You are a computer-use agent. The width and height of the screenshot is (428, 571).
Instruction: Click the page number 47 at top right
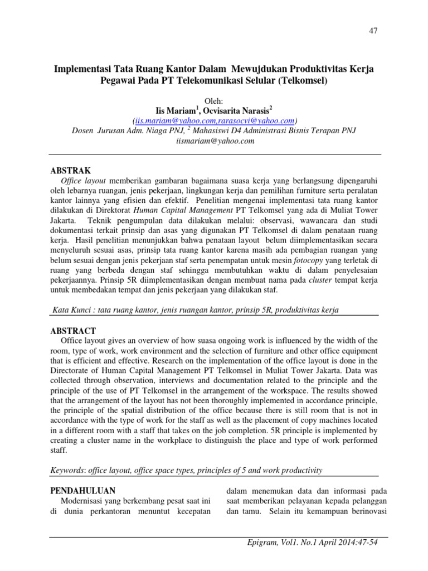(x=373, y=31)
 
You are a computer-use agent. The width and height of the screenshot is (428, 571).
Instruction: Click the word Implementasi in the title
(x=82, y=69)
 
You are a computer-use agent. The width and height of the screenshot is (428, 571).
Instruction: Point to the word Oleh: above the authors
(x=215, y=100)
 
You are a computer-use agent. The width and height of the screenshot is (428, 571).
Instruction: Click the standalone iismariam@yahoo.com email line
(x=215, y=141)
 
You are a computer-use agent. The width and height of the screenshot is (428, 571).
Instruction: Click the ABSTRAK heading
(x=70, y=170)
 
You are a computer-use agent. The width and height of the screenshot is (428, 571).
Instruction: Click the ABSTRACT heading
(x=73, y=331)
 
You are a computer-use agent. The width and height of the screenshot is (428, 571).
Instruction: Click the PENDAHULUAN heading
(x=82, y=491)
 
